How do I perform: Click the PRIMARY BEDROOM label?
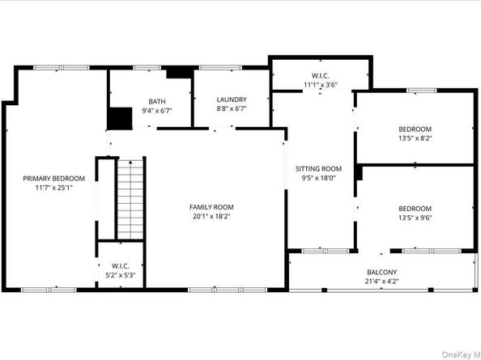(53, 178)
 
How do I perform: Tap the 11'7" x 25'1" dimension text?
(53, 188)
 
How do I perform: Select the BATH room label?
(157, 101)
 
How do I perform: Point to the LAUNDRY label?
(232, 100)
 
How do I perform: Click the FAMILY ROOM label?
(211, 207)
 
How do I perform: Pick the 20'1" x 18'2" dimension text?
(211, 216)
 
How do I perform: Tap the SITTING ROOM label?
(318, 169)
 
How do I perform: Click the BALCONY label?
(382, 272)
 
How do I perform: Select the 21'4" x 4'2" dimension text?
(382, 282)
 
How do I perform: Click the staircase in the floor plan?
(130, 198)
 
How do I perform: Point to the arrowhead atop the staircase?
(130, 162)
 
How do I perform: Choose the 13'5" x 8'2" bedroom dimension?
(415, 138)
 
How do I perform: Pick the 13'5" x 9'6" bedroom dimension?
(415, 218)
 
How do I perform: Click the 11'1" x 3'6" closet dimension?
(321, 85)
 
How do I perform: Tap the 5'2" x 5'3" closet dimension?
(121, 275)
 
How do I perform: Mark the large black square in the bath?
(120, 118)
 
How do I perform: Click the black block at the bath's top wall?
(180, 73)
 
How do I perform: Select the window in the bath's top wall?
(147, 68)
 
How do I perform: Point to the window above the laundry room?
(220, 68)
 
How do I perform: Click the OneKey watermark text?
(461, 354)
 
